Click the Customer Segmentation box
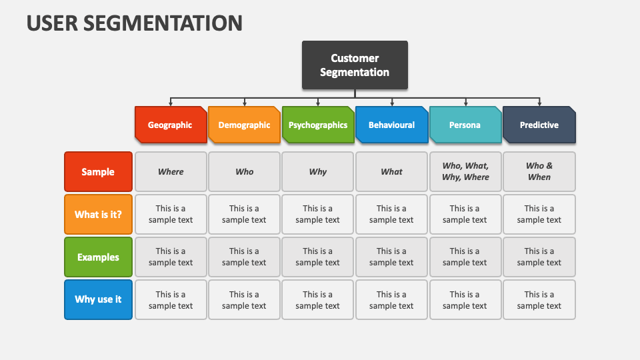pyautogui.click(x=355, y=65)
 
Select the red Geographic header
pyautogui.click(x=171, y=125)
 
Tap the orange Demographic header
pyautogui.click(x=244, y=125)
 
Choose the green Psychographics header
pyautogui.click(x=318, y=125)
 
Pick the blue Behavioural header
pyautogui.click(x=392, y=125)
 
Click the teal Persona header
pyautogui.click(x=465, y=125)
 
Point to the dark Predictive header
pyautogui.click(x=539, y=125)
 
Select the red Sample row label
pyautogui.click(x=99, y=172)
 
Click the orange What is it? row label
pyautogui.click(x=99, y=214)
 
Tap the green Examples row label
pyautogui.click(x=99, y=257)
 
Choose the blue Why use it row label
pyautogui.click(x=99, y=299)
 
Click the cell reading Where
pyautogui.click(x=171, y=172)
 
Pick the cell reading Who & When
pyautogui.click(x=539, y=172)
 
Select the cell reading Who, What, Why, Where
pyautogui.click(x=465, y=172)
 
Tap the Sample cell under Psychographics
pyautogui.click(x=317, y=172)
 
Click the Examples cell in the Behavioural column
pyautogui.click(x=391, y=257)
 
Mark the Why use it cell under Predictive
pyautogui.click(x=539, y=299)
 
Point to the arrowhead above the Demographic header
pyautogui.click(x=245, y=104)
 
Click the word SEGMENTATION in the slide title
pyautogui.click(x=163, y=23)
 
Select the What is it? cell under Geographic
pyautogui.click(x=171, y=214)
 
